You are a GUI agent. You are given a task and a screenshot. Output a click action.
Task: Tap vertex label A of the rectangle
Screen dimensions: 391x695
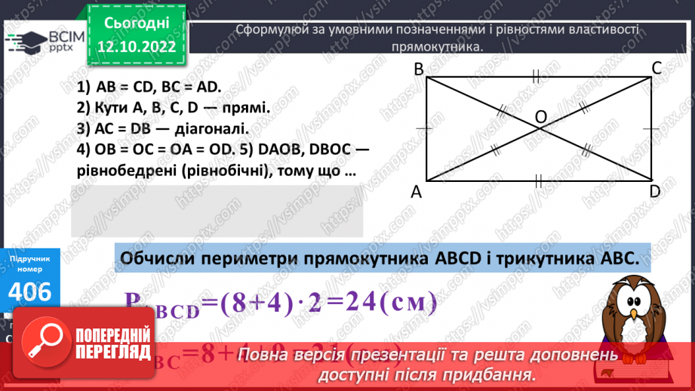pos(417,192)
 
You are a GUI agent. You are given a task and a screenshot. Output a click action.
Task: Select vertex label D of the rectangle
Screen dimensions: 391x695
pos(656,192)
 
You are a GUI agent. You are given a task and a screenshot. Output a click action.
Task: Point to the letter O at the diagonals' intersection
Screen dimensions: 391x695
pos(540,116)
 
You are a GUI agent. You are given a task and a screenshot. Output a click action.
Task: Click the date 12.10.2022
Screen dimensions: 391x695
pos(136,47)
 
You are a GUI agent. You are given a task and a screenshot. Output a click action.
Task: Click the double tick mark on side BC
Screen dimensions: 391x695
pos(537,75)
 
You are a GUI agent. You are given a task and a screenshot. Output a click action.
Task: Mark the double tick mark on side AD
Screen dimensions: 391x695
pos(538,180)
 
